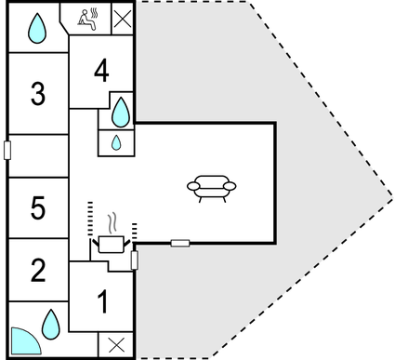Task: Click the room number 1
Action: point(102,301)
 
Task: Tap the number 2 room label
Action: point(37,271)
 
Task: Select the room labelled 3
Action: point(37,93)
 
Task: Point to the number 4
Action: point(101,70)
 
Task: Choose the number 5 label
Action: point(37,208)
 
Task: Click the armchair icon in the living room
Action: point(212,186)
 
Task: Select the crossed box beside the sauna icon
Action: point(122,17)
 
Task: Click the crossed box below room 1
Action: point(116,344)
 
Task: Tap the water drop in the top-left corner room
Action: point(36,28)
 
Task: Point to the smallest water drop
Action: point(116,142)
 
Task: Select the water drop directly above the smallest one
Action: point(120,113)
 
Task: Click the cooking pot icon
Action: point(111,245)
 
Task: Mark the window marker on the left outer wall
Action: point(7,150)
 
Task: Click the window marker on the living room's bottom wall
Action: point(180,244)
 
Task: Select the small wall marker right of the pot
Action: point(135,260)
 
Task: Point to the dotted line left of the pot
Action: point(90,219)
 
